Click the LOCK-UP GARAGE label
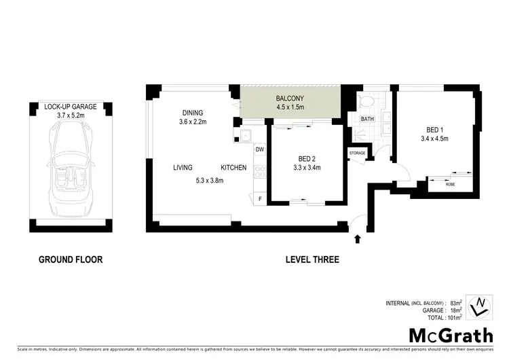pyautogui.click(x=70, y=107)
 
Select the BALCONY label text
pyautogui.click(x=289, y=98)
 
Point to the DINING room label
pyautogui.click(x=193, y=113)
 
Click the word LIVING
pyautogui.click(x=182, y=168)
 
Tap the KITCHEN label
pyautogui.click(x=233, y=168)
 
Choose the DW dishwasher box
pyautogui.click(x=259, y=149)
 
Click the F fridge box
pyautogui.click(x=259, y=198)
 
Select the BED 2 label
pyautogui.click(x=306, y=158)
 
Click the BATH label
pyautogui.click(x=367, y=119)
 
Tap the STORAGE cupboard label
pyautogui.click(x=358, y=154)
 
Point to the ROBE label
pyautogui.click(x=450, y=184)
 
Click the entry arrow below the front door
pyautogui.click(x=358, y=238)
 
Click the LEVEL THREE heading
pyautogui.click(x=312, y=259)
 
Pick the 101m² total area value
pyautogui.click(x=455, y=317)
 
